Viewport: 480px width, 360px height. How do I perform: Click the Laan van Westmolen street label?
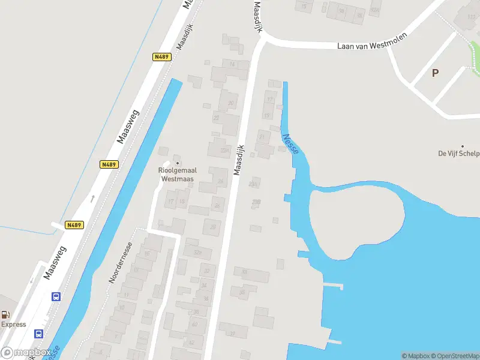tap(372, 45)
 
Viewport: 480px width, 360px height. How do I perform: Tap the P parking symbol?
tap(435, 73)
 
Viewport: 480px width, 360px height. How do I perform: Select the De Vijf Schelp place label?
tap(459, 154)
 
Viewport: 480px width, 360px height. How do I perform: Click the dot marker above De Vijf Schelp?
tap(463, 146)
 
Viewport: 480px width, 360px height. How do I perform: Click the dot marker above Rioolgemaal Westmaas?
tap(177, 163)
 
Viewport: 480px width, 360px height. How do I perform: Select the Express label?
tap(13, 325)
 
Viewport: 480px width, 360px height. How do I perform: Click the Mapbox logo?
tap(26, 352)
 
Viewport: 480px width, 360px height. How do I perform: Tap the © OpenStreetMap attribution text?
tap(452, 356)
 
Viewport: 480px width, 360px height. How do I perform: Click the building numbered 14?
tap(231, 65)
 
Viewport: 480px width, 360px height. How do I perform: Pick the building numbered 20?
tap(230, 103)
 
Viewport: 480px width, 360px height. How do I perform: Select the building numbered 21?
tap(262, 137)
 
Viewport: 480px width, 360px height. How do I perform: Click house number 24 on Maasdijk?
tap(221, 181)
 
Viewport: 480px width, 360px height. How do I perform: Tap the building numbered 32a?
tap(197, 253)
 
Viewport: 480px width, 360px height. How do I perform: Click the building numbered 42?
tap(192, 343)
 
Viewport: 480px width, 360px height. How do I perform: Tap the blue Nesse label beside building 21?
tap(290, 144)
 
